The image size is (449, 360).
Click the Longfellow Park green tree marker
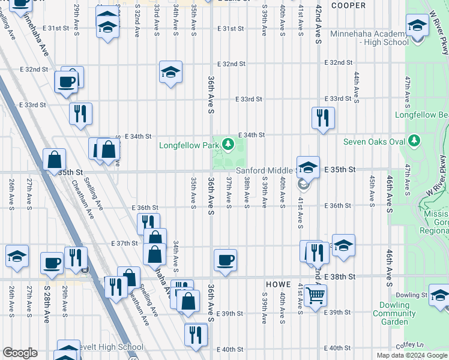228,144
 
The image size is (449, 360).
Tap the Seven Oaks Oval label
374,142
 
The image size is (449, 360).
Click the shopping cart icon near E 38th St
315,295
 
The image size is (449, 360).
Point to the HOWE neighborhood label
279,284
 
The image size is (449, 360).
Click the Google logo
20,353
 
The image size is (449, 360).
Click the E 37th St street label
125,243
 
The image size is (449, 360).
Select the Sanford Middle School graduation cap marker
308,167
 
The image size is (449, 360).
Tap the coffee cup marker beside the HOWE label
225,260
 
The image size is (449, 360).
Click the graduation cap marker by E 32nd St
170,73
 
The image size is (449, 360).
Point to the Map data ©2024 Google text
411,355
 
